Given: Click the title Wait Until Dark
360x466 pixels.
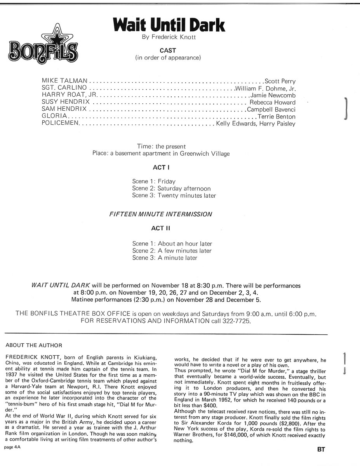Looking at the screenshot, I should click(x=169, y=25).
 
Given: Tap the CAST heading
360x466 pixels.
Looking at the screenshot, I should click(x=168, y=50).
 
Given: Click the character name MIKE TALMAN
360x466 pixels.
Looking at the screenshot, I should click(x=64, y=81).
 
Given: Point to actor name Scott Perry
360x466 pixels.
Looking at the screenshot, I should click(x=280, y=82).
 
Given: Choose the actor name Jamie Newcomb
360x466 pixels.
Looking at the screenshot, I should click(x=273, y=96).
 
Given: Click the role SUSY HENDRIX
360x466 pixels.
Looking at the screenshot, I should click(x=66, y=102).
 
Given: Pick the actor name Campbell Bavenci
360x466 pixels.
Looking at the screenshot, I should click(x=271, y=110).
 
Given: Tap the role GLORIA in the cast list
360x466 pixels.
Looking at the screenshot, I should click(x=55, y=116).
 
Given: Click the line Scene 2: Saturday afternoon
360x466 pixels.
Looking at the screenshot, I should click(x=171, y=188).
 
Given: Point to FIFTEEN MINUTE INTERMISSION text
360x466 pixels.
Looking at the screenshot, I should click(x=161, y=214).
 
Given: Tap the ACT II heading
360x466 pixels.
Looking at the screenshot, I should click(x=160, y=228).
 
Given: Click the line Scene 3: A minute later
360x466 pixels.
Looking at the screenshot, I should click(x=165, y=258).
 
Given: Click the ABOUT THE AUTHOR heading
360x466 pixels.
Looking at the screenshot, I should click(x=34, y=345).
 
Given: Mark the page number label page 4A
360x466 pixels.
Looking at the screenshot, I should click(x=12, y=448).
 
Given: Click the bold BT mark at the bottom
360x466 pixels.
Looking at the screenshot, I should click(x=321, y=450).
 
